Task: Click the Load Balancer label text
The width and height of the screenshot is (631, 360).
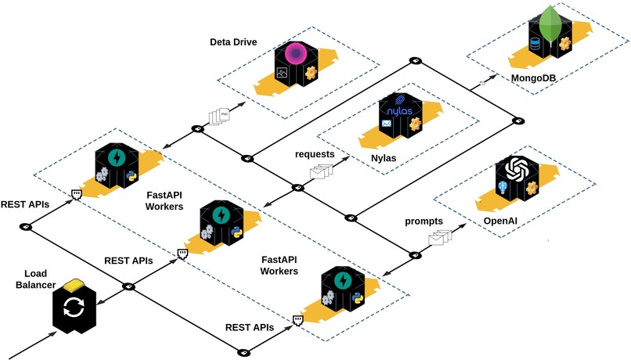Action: (39, 279)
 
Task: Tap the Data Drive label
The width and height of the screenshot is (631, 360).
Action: (233, 41)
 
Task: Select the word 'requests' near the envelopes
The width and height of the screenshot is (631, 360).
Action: (315, 154)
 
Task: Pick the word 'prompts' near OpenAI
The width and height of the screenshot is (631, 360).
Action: (424, 221)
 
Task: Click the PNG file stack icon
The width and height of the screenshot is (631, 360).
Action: (220, 117)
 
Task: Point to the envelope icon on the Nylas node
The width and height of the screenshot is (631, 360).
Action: (386, 124)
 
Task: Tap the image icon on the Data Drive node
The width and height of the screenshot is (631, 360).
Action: (281, 73)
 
